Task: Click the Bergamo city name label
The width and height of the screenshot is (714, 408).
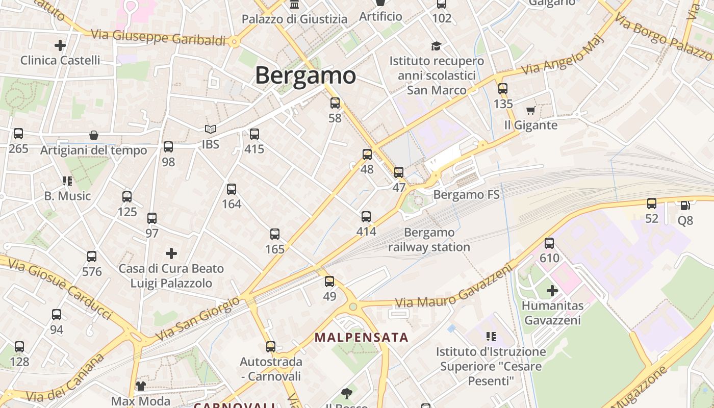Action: coord(305,75)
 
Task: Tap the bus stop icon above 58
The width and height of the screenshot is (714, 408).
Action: coord(335,103)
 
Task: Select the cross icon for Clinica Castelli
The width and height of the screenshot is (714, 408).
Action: coord(60,45)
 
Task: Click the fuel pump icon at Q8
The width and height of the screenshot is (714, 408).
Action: coord(685,206)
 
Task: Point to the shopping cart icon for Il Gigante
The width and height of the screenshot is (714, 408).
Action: coord(530,110)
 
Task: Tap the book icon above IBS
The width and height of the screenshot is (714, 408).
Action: coord(211,130)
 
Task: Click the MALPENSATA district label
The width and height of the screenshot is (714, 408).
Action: coord(361,338)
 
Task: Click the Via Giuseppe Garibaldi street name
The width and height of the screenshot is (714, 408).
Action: coord(158,38)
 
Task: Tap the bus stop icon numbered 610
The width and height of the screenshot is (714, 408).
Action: coord(549,243)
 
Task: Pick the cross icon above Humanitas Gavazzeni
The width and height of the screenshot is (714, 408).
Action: coord(552,291)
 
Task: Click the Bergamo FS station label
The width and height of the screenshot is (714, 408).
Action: coord(466,194)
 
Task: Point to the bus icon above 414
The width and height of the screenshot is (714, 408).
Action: coord(366,217)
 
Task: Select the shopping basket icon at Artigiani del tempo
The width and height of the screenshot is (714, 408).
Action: coord(94,135)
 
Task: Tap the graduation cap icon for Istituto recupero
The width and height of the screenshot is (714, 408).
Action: coord(436,46)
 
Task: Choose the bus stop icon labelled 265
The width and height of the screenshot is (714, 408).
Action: coord(18,134)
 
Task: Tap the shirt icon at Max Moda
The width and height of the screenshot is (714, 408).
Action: coord(140,386)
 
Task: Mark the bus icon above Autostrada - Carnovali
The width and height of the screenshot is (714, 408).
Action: coord(271,347)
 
